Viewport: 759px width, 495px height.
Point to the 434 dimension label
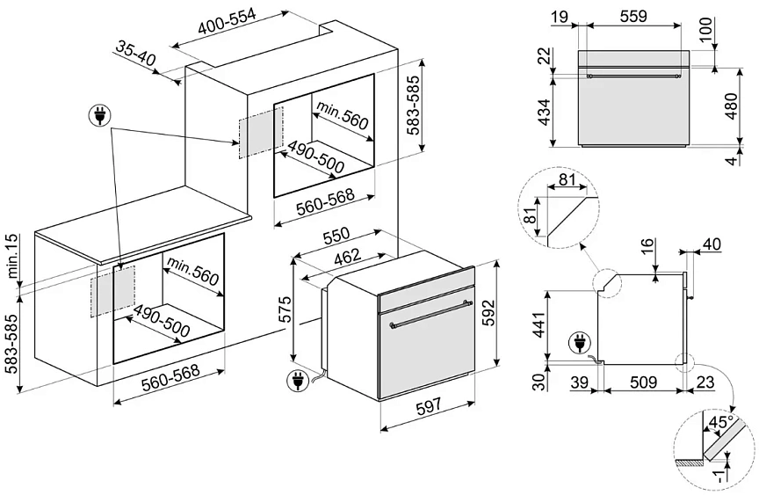[x=544, y=112]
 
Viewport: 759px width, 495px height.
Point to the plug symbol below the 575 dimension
[x=300, y=381]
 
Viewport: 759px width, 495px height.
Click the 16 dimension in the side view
[x=647, y=246]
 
